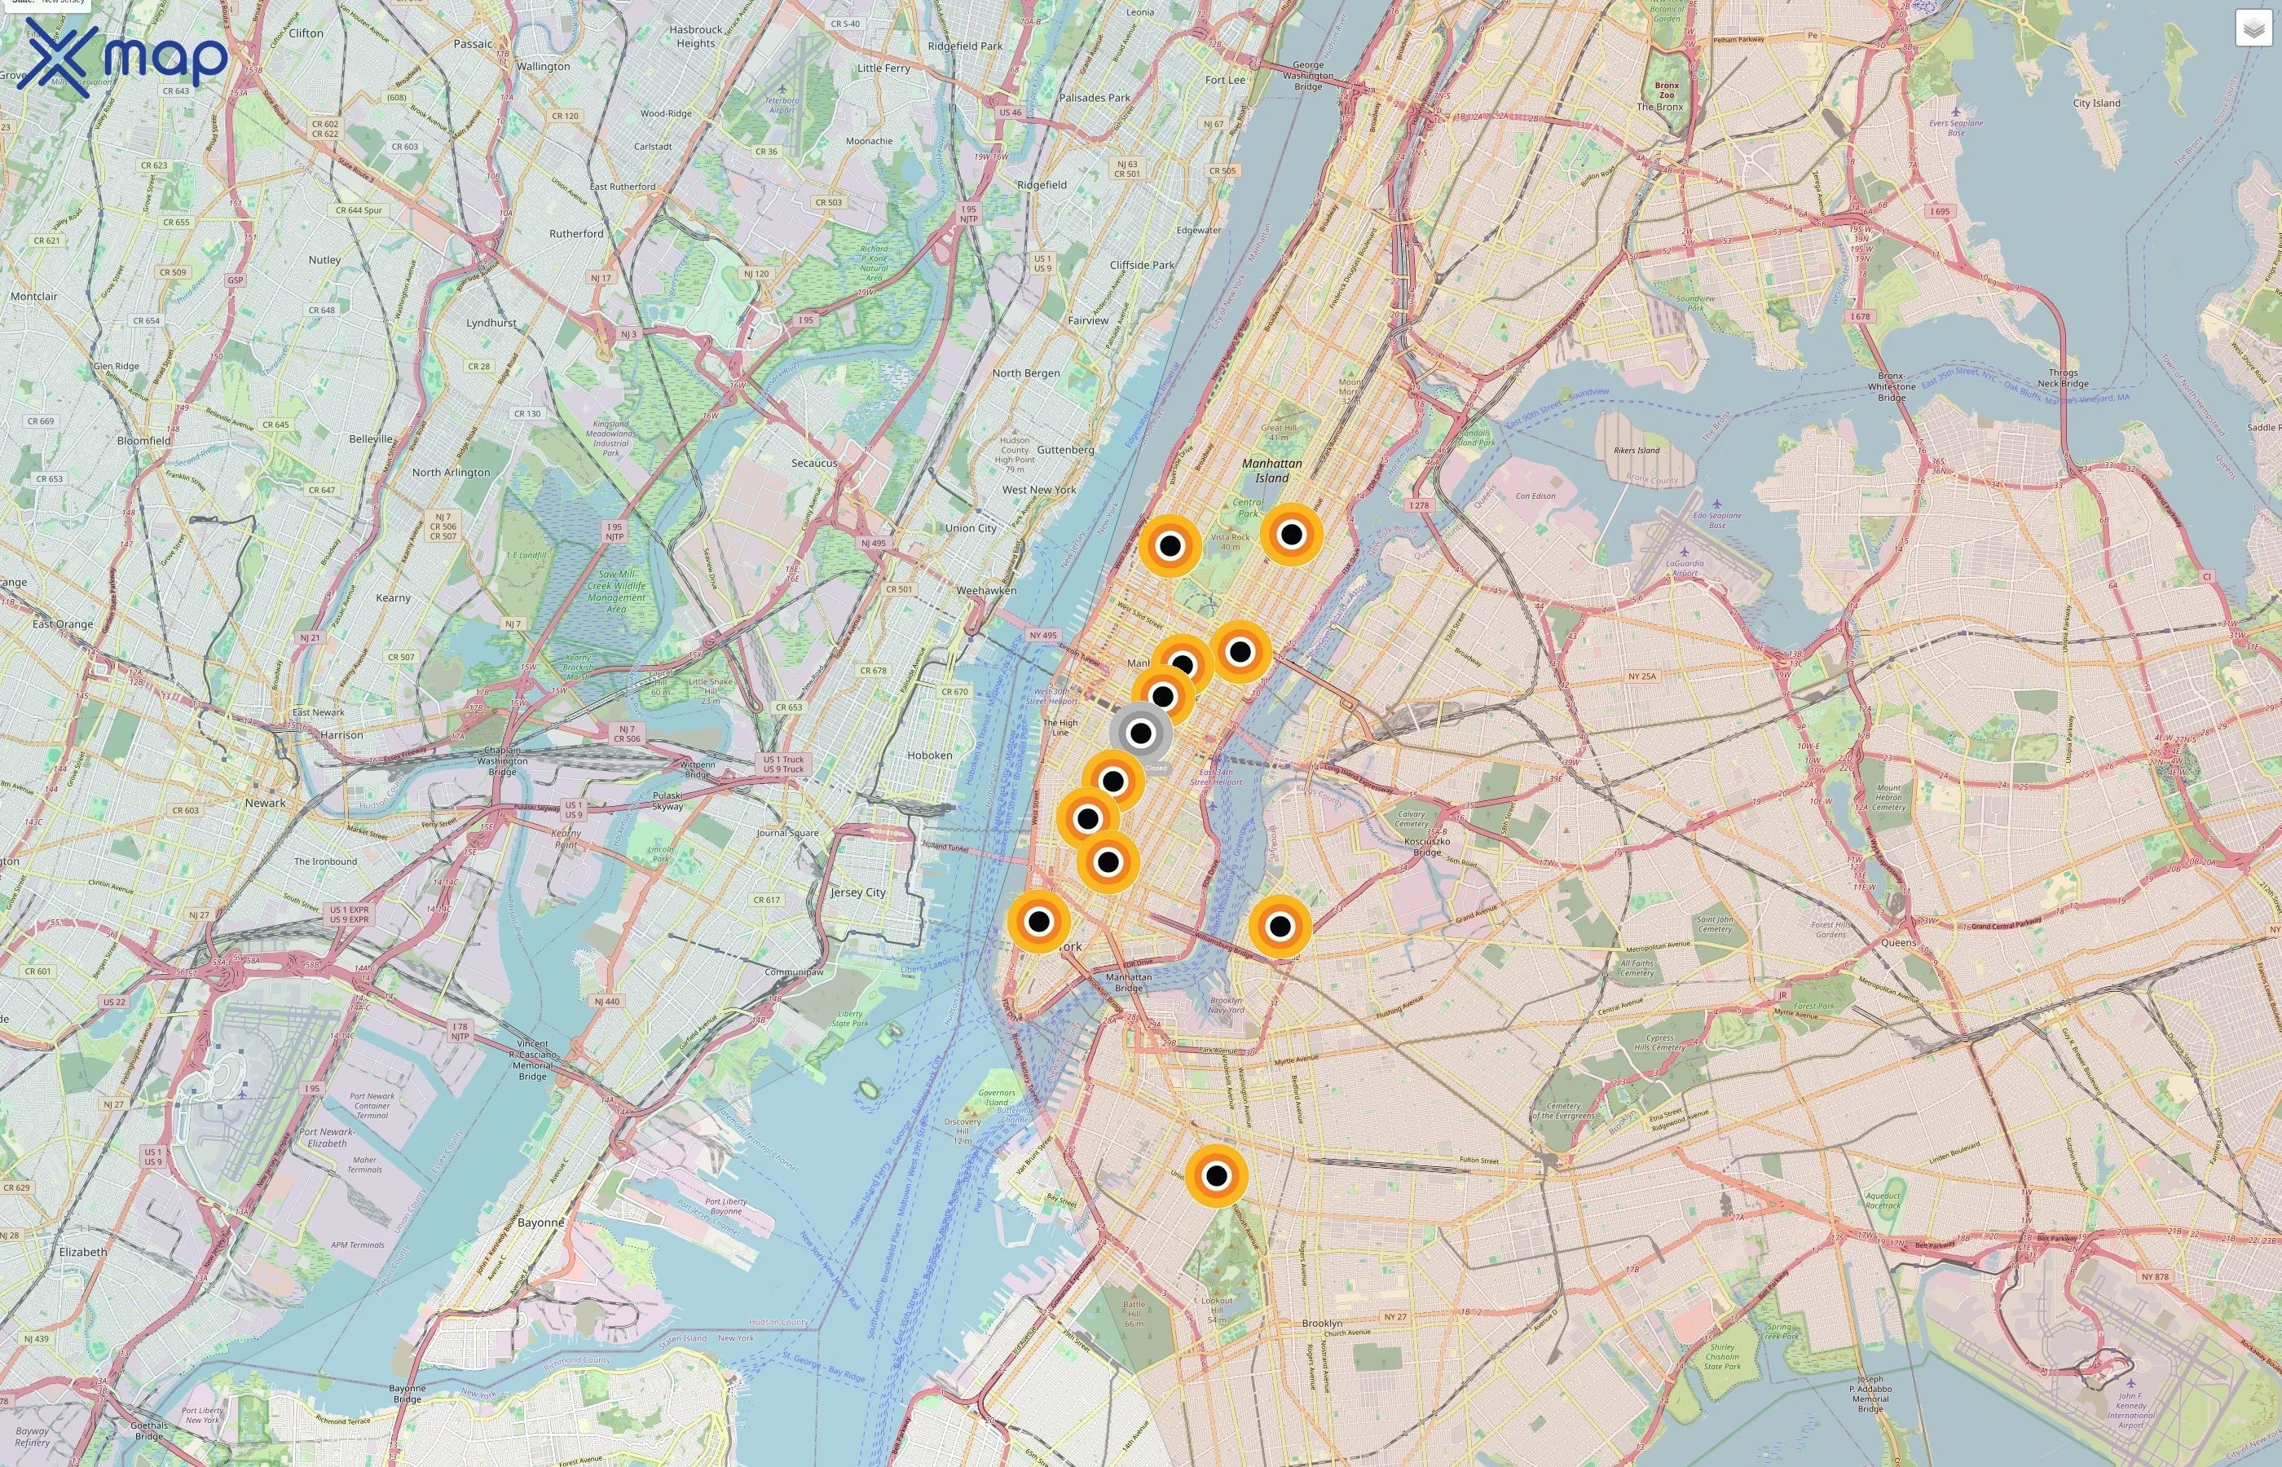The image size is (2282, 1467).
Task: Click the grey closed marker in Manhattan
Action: [1140, 733]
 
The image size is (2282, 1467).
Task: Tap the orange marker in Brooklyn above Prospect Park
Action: [1216, 1175]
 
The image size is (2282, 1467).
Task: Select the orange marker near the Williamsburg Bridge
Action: [1280, 925]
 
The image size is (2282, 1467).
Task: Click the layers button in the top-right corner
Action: [2253, 29]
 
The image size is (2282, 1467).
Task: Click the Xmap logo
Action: [124, 57]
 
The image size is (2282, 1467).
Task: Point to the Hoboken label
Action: [930, 756]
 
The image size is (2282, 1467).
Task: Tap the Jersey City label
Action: [857, 892]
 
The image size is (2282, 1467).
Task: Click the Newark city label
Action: [265, 803]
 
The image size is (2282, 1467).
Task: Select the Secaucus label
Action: [814, 463]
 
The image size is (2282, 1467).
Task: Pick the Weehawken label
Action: [986, 591]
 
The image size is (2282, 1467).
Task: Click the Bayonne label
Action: [541, 1222]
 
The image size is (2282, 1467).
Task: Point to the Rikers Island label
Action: [1637, 451]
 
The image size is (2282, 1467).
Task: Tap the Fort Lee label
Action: [1225, 80]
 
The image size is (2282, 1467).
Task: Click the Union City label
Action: [971, 528]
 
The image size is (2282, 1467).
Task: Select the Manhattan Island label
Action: [1271, 470]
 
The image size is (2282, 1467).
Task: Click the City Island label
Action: [2096, 103]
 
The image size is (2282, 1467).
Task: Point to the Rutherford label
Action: [576, 233]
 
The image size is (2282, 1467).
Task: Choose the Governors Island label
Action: [996, 1097]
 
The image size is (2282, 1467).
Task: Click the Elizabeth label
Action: [83, 1252]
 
